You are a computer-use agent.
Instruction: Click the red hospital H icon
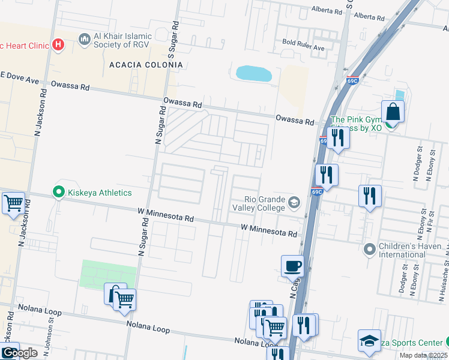[58, 44]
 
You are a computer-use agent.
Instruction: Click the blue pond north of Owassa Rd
[254, 73]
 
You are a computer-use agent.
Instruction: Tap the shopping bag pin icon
[393, 112]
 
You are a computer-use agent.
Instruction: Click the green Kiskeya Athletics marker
[58, 193]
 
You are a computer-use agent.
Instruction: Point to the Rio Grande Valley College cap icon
[294, 203]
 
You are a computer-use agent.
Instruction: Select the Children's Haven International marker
[370, 248]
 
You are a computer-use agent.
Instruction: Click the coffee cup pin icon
[292, 266]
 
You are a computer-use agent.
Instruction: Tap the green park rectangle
[104, 274]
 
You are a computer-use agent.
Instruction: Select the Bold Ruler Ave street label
[303, 46]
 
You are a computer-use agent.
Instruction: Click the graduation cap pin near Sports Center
[369, 341]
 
